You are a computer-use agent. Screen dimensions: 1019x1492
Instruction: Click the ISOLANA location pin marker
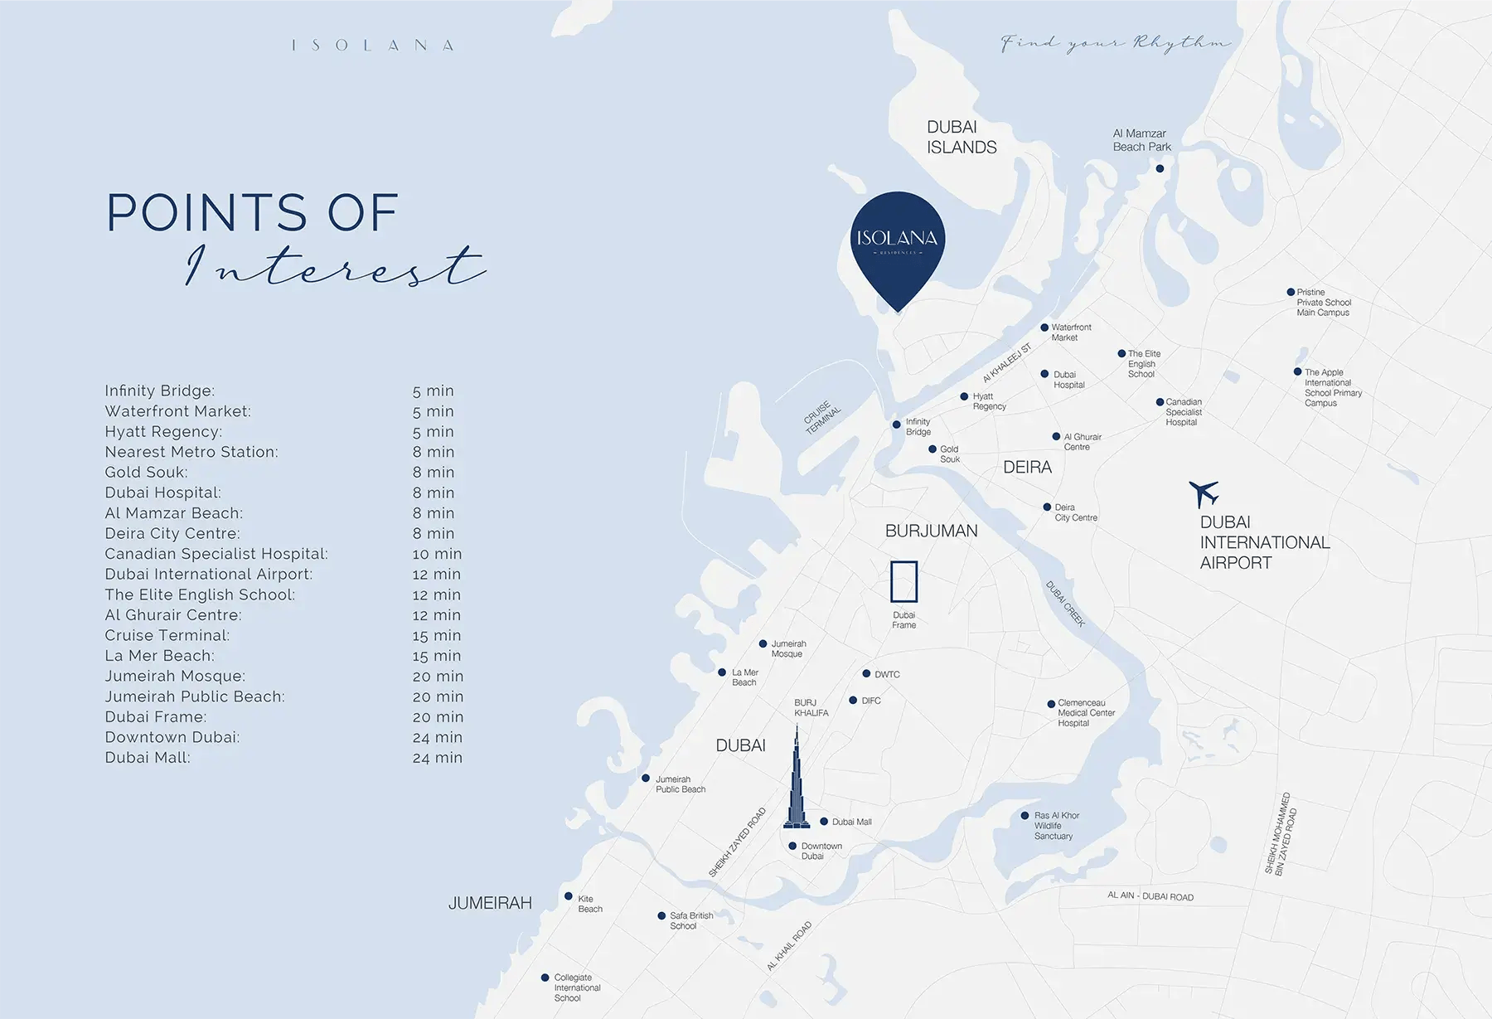point(898,245)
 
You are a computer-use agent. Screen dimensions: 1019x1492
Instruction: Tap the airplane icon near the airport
point(1204,493)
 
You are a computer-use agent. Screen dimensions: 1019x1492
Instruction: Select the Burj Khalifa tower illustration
point(797,784)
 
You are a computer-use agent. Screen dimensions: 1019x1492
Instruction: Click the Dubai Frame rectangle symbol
point(903,581)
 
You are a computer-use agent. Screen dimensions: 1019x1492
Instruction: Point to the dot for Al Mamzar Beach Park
point(1160,168)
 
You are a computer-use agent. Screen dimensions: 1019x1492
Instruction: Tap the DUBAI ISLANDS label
point(961,137)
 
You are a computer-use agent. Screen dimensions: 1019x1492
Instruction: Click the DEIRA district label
point(1027,468)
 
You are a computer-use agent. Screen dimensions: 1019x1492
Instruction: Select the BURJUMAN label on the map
point(931,531)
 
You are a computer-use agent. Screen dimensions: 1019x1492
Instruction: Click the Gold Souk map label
point(950,454)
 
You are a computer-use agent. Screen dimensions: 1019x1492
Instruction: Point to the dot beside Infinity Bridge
point(896,425)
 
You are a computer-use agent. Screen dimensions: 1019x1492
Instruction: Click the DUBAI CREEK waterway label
point(1065,604)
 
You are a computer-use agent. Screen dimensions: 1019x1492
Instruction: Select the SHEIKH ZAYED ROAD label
point(737,842)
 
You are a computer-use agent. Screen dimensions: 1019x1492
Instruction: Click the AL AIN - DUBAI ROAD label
point(1150,896)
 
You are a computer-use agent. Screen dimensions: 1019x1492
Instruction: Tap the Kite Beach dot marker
point(569,896)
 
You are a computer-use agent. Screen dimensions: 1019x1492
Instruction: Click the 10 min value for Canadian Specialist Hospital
point(437,554)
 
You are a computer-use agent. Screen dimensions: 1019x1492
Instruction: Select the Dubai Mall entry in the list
point(148,758)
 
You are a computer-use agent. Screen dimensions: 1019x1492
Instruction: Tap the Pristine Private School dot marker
point(1291,292)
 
